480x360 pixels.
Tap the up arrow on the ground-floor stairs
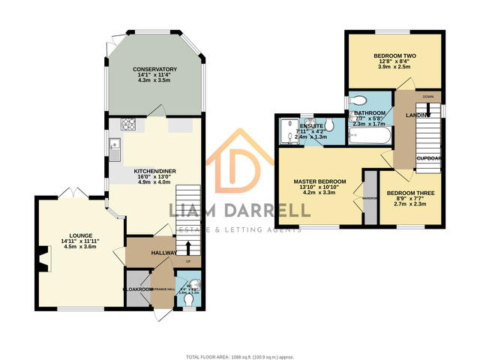click(187, 247)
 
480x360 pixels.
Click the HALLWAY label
click(163, 253)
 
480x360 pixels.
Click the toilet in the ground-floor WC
click(192, 285)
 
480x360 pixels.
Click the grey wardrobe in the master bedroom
click(370, 199)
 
